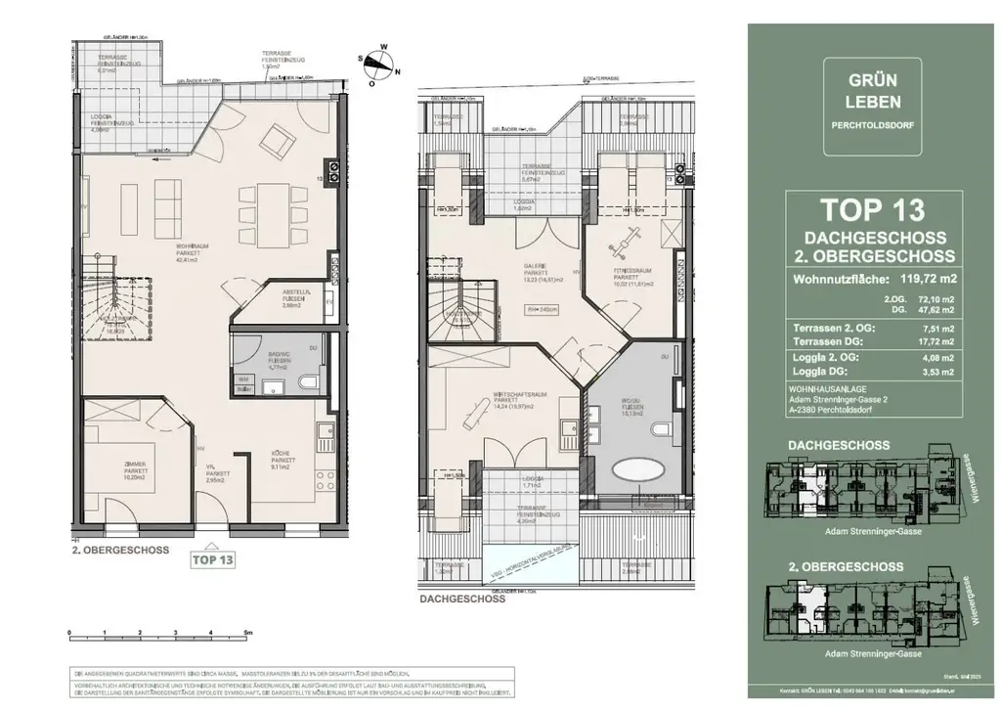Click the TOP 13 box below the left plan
point(212,560)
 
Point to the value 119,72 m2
point(920,279)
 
